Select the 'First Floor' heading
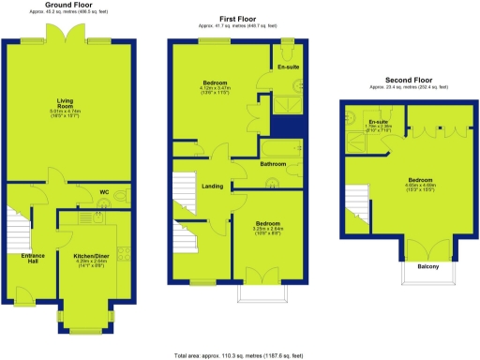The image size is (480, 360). point(238,19)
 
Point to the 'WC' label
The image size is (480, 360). point(104,192)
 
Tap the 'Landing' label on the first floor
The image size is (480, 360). point(213,186)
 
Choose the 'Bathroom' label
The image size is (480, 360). point(273,164)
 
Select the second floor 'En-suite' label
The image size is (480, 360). point(379,123)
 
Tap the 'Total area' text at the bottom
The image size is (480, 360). point(240,355)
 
